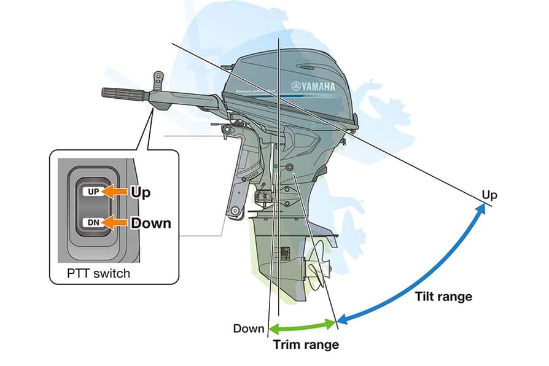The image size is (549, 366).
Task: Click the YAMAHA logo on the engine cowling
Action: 313,87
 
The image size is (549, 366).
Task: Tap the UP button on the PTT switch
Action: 93,192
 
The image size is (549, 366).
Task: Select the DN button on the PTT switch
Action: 93,222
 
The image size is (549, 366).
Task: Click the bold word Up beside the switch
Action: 141,192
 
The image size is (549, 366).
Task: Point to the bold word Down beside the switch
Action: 150,222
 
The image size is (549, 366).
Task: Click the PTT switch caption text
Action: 98,273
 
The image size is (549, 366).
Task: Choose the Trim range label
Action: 306,345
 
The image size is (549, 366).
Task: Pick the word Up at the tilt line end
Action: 489,195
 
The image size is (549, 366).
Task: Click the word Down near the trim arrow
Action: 249,329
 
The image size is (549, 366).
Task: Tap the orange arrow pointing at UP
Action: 115,192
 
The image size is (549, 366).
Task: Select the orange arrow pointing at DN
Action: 115,222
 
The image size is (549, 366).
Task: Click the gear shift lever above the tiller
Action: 159,80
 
